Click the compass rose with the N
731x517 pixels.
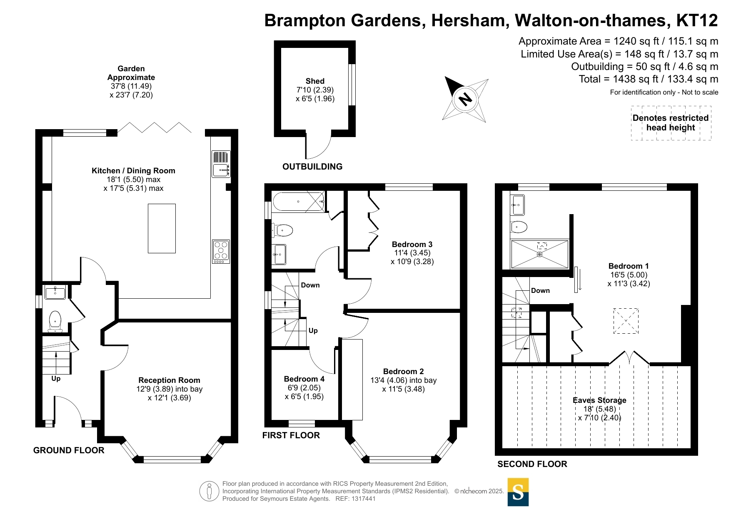coord(465,99)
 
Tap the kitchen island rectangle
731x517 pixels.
coord(162,228)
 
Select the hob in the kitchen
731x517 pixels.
coord(221,251)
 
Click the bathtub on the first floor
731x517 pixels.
coord(299,202)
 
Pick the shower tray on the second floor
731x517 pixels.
coord(540,254)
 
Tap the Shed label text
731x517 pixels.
coord(315,81)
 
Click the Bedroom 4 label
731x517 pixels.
coord(304,379)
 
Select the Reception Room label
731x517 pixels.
coord(170,380)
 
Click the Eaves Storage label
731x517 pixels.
coord(599,400)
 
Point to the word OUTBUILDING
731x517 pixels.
coord(312,167)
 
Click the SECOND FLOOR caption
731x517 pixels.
coord(532,464)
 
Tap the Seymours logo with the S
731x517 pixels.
coord(518,492)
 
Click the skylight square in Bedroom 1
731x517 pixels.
coord(626,321)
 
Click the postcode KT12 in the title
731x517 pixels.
coord(697,20)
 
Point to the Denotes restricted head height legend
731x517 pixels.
coord(671,123)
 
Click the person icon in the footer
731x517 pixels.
coord(209,491)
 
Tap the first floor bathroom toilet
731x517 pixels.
coord(283,230)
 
